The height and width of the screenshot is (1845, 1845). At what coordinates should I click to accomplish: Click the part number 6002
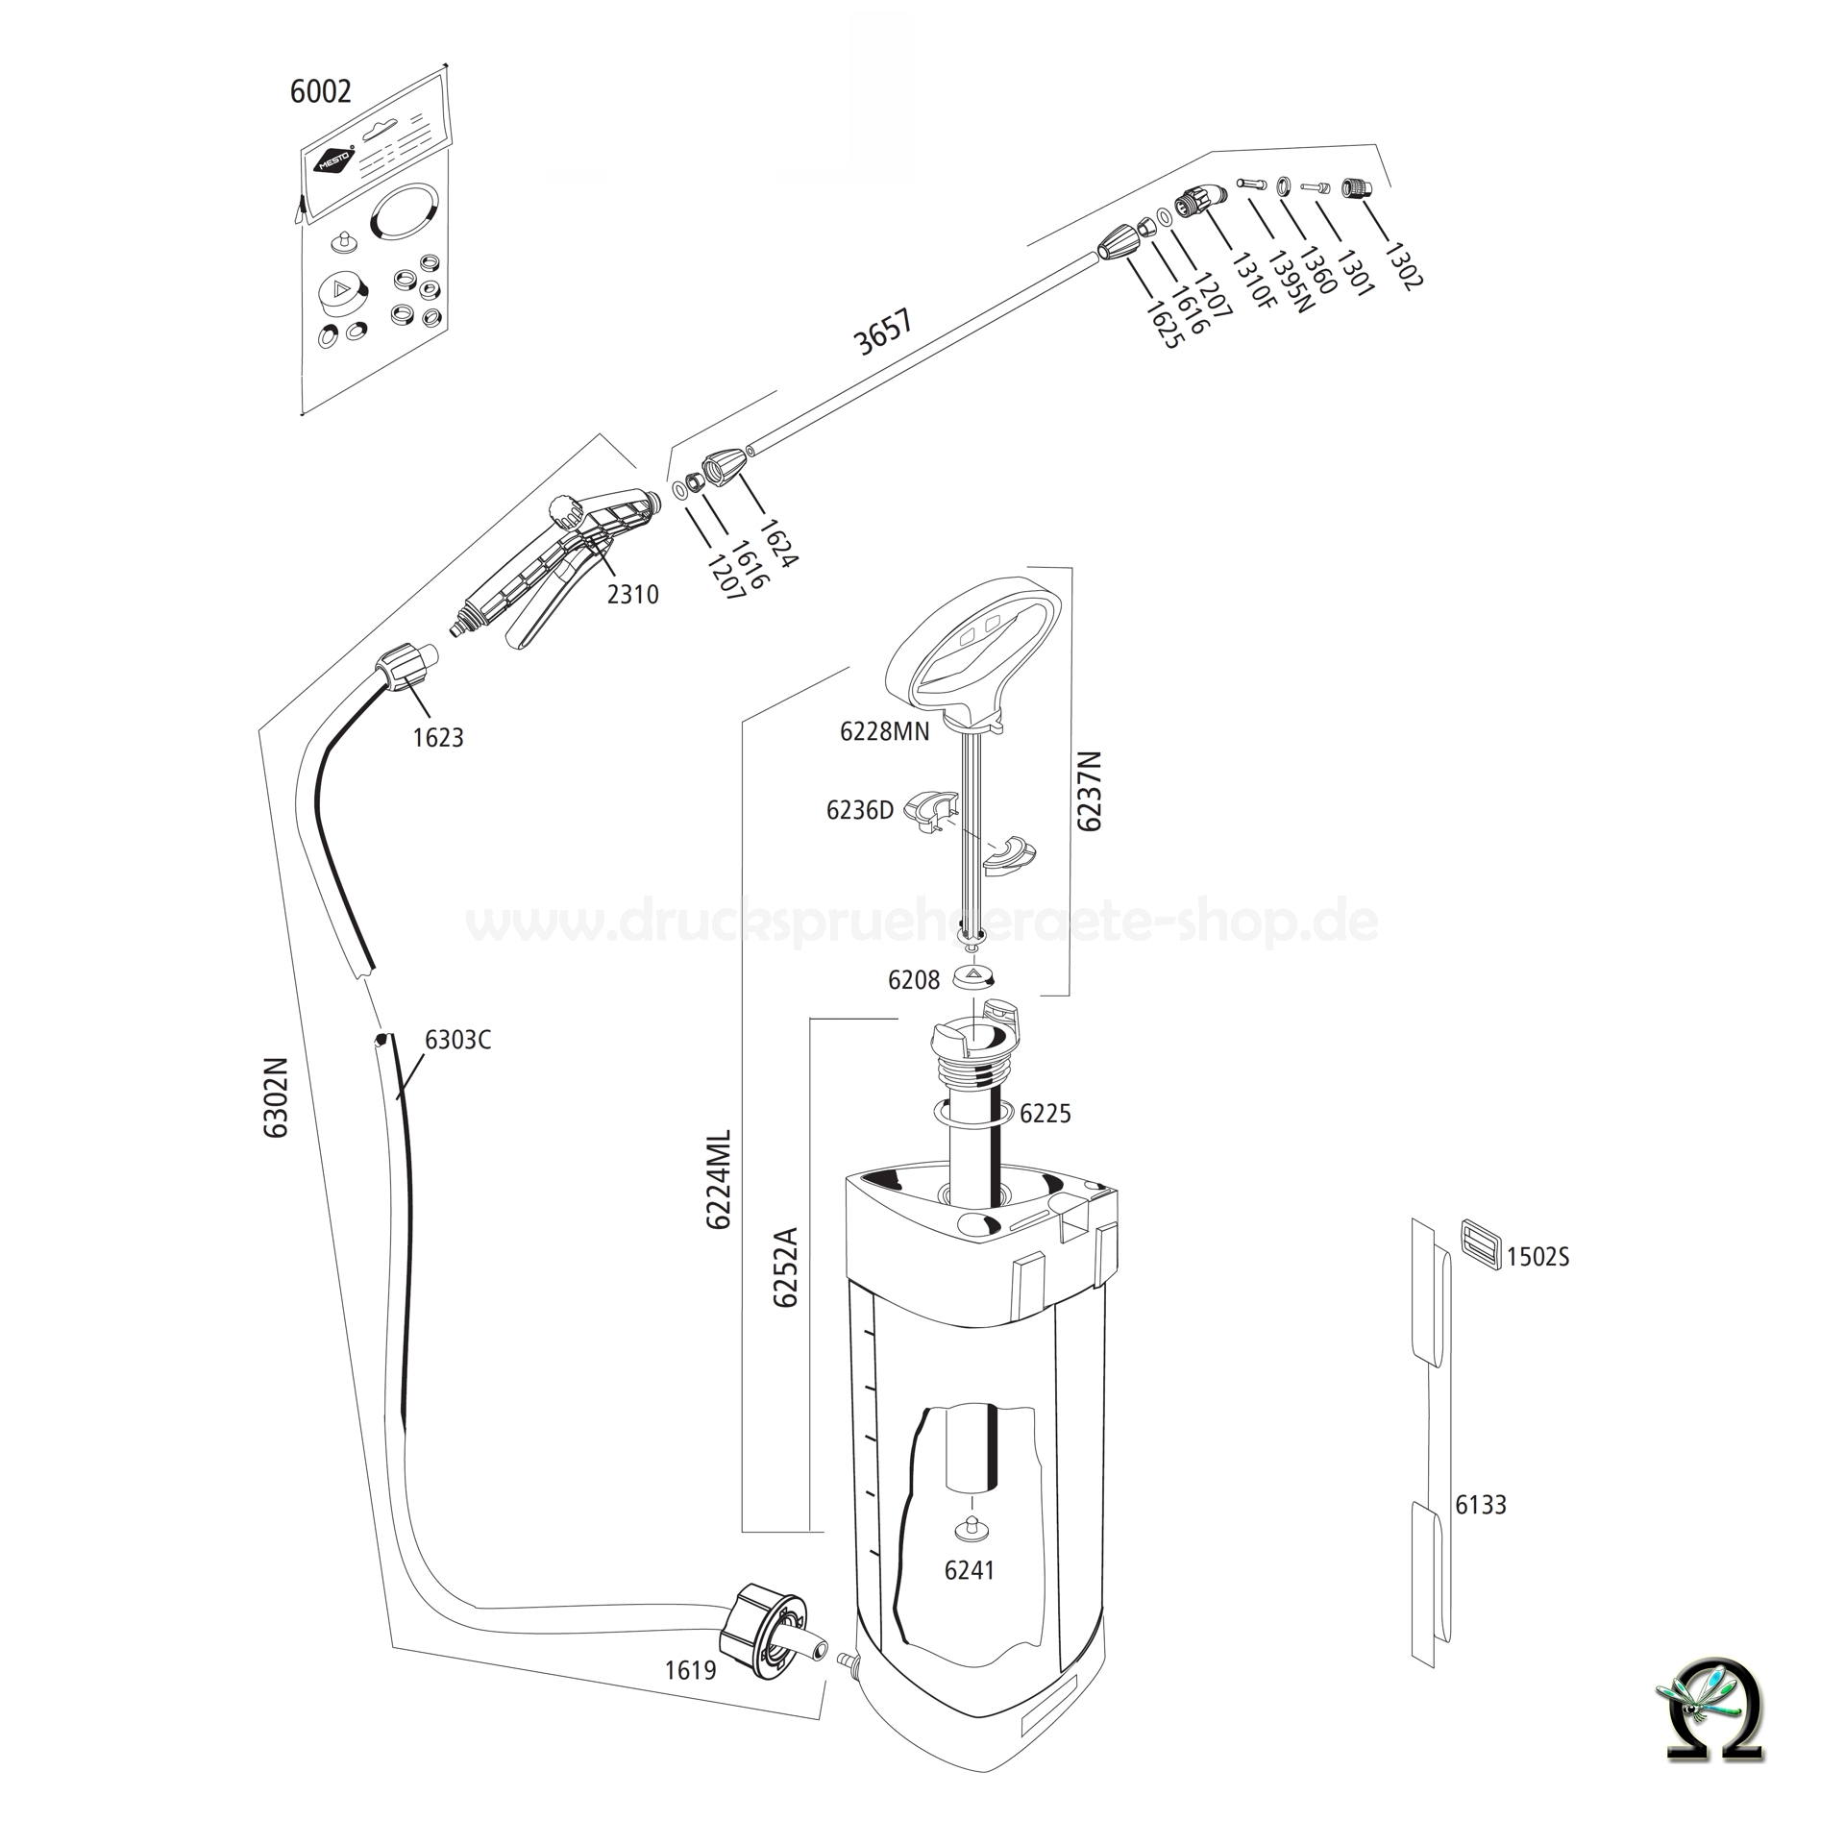tap(320, 92)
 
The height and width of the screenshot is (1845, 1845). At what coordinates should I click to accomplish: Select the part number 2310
tap(633, 594)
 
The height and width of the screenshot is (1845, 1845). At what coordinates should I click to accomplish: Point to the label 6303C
tap(457, 1040)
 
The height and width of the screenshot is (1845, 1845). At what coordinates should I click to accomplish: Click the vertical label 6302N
tap(277, 1097)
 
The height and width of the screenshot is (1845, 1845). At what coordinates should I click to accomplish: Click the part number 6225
tap(1045, 1113)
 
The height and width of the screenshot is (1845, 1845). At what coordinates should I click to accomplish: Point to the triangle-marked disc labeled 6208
tap(975, 975)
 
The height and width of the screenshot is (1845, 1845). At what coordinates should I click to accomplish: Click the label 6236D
tap(859, 810)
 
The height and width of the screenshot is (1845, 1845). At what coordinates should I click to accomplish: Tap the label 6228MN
tap(884, 731)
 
